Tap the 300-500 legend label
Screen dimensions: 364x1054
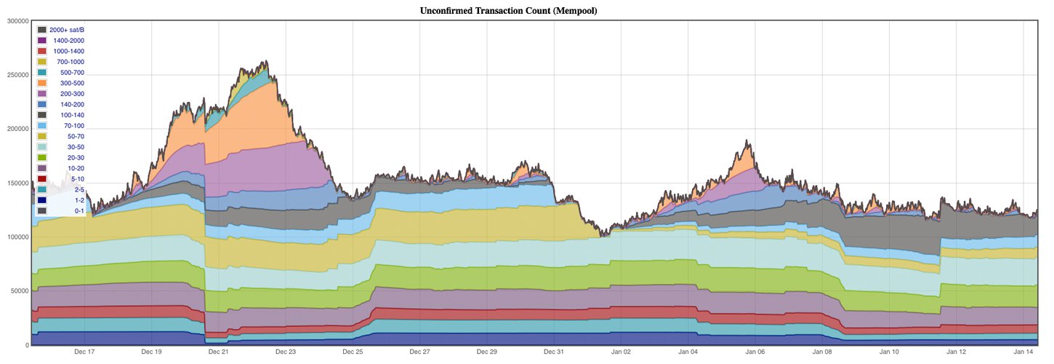point(72,83)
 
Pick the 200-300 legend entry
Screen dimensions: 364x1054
point(72,94)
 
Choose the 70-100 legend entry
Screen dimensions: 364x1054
point(73,126)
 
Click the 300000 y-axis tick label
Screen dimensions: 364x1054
point(16,21)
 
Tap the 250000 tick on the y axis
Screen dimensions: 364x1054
point(16,75)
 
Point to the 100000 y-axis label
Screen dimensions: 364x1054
point(16,237)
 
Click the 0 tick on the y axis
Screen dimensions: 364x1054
point(26,345)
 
